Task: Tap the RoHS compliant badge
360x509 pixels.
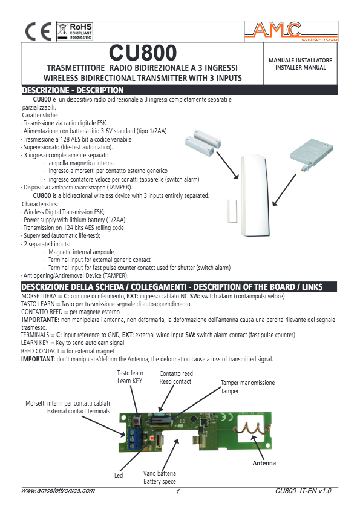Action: [74, 31]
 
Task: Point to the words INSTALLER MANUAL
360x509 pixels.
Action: [300, 68]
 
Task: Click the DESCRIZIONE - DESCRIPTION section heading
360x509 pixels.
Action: [73, 90]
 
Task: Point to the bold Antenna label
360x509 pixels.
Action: [264, 464]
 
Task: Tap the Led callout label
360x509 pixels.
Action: [119, 476]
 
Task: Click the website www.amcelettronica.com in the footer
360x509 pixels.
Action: [58, 491]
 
